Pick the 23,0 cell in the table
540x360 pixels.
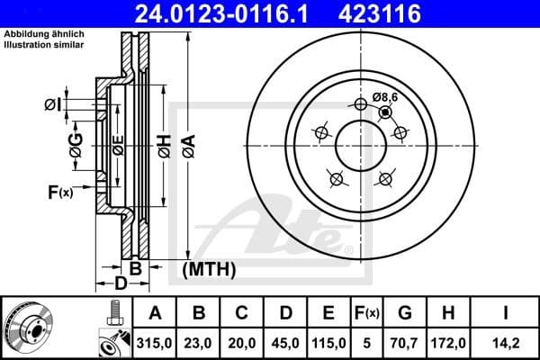click(x=199, y=343)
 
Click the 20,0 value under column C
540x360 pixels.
click(x=242, y=343)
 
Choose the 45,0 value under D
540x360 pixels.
click(x=285, y=343)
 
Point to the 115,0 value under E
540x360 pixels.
click(x=328, y=343)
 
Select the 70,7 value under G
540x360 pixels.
click(x=405, y=343)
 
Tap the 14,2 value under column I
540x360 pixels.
click(x=507, y=343)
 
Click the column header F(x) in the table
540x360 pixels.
click(x=367, y=313)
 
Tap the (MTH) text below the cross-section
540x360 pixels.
click(x=209, y=268)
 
